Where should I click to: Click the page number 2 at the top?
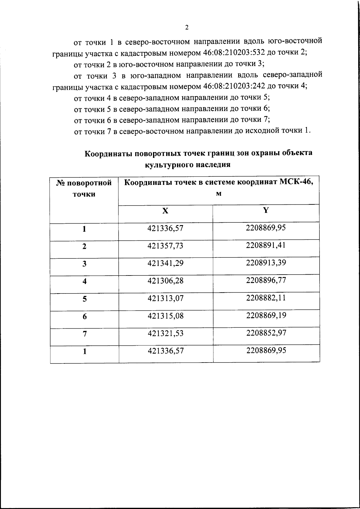pyautogui.click(x=187, y=27)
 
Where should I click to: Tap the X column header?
pyautogui.click(x=165, y=211)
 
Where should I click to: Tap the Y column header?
pyautogui.click(x=266, y=210)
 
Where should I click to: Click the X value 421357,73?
pyautogui.click(x=165, y=246)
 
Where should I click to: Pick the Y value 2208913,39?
pyautogui.click(x=266, y=263)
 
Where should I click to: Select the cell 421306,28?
pyautogui.click(x=165, y=281)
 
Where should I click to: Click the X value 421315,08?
pyautogui.click(x=165, y=316)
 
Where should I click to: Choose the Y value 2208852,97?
pyautogui.click(x=266, y=333)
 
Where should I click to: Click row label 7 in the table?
pyautogui.click(x=85, y=334)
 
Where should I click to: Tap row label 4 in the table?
pyautogui.click(x=85, y=282)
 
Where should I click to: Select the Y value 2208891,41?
pyautogui.click(x=266, y=245)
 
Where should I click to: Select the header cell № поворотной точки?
pyautogui.click(x=84, y=188)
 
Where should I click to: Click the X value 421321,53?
pyautogui.click(x=165, y=333)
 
